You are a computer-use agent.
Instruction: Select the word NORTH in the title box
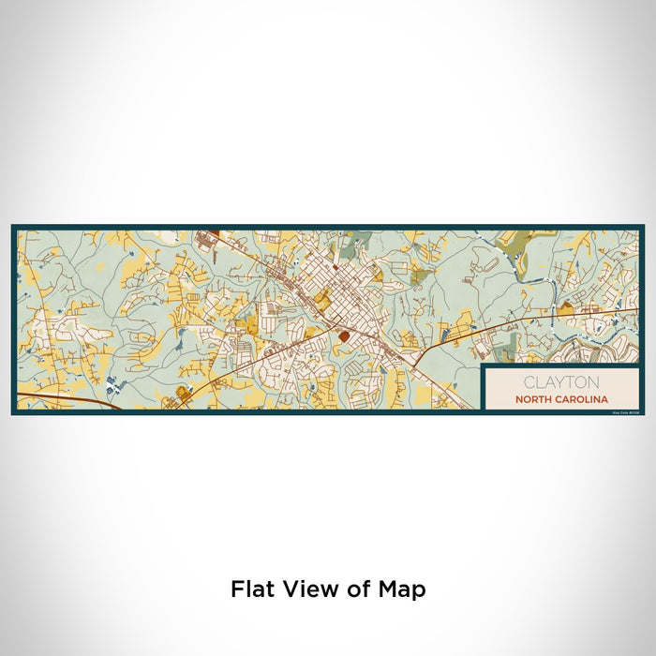click(532, 398)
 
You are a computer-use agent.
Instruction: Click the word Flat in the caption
click(250, 589)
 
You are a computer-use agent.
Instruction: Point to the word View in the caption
click(306, 589)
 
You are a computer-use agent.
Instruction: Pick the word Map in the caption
click(403, 589)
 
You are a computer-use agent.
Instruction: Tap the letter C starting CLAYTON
click(529, 382)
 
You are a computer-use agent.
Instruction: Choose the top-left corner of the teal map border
click(13, 226)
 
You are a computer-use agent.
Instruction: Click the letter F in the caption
click(236, 589)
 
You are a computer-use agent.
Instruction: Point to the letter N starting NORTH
click(517, 398)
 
